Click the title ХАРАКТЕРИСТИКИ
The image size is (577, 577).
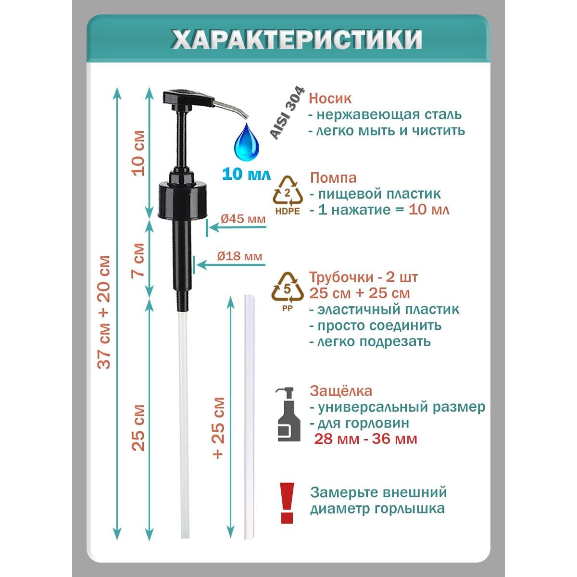pyautogui.click(x=297, y=39)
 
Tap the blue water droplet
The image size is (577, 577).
pyautogui.click(x=246, y=143)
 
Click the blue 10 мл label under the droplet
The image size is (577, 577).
pyautogui.click(x=246, y=174)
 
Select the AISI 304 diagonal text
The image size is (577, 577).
pyautogui.click(x=287, y=113)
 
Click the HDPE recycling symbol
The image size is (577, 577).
pyautogui.click(x=288, y=195)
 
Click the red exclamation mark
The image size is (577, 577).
pyautogui.click(x=287, y=503)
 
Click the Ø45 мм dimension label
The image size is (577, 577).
pyautogui.click(x=243, y=219)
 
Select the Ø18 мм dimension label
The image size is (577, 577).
pyautogui.click(x=239, y=256)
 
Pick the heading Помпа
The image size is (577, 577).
pyautogui.click(x=333, y=178)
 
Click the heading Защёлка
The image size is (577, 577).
pyautogui.click(x=341, y=391)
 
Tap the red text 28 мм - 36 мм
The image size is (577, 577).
pyautogui.click(x=365, y=439)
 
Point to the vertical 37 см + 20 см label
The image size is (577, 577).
pyautogui.click(x=104, y=312)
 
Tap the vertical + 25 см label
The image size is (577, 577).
pyautogui.click(x=218, y=428)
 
